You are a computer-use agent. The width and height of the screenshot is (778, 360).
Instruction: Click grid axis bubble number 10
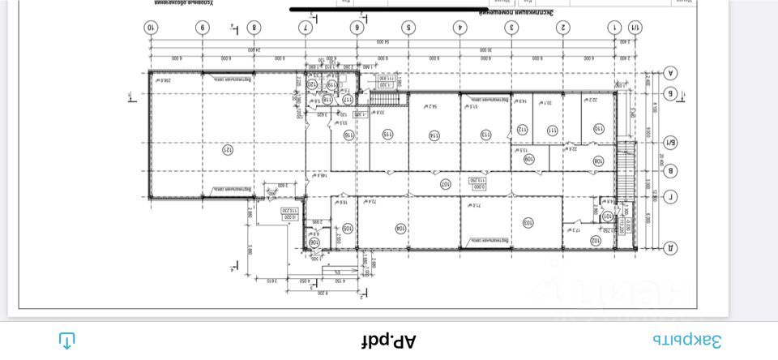(150, 28)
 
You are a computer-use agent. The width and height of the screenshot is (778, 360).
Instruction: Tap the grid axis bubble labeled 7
(306, 28)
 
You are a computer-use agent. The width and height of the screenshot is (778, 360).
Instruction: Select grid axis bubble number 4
(460, 28)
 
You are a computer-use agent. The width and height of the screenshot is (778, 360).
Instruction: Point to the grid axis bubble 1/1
(635, 28)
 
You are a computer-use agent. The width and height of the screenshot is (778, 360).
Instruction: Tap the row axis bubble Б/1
(671, 144)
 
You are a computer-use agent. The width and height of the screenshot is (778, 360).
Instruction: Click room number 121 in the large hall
(228, 149)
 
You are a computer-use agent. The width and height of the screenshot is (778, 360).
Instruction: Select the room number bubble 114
(434, 135)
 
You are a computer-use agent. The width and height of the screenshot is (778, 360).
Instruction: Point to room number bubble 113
(486, 135)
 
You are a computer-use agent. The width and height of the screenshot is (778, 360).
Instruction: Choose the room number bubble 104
(400, 229)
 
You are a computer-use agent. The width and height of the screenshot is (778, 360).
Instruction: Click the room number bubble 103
(528, 221)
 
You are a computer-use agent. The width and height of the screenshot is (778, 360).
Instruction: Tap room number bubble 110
(598, 129)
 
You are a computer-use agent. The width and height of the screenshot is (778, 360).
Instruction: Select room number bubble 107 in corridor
(445, 184)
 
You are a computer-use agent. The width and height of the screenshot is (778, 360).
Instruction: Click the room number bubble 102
(595, 241)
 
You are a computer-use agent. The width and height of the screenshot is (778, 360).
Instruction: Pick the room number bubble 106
(314, 242)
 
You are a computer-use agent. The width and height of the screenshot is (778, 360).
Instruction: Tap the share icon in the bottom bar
(67, 341)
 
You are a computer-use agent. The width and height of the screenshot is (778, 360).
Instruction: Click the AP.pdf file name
(389, 341)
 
